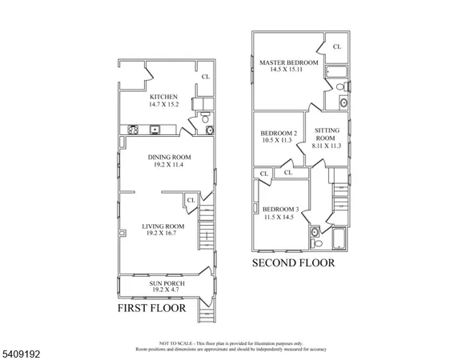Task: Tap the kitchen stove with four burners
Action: tap(136, 129)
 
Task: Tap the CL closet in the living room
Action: tap(191, 200)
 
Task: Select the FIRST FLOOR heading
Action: tap(151, 307)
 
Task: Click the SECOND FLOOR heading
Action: tap(294, 262)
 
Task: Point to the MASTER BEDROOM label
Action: tap(289, 62)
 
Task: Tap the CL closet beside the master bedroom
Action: tap(336, 46)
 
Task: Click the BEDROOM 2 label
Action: tap(279, 133)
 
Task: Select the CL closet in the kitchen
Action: tap(206, 77)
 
